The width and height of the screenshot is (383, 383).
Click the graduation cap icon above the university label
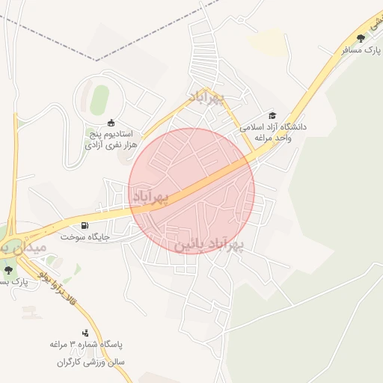coord(272,116)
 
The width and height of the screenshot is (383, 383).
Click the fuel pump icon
coord(84,225)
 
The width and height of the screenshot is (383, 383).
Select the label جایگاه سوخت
coord(85,236)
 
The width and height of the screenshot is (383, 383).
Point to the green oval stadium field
coord(99,96)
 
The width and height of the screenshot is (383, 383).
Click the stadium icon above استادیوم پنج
coord(111,123)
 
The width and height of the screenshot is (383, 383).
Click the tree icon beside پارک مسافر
coord(361,37)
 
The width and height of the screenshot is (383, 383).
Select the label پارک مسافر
coord(358,49)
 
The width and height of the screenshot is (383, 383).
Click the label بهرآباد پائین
coord(210,245)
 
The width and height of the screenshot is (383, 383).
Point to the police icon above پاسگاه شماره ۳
coord(85,333)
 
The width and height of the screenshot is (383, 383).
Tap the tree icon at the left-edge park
coord(8,270)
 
